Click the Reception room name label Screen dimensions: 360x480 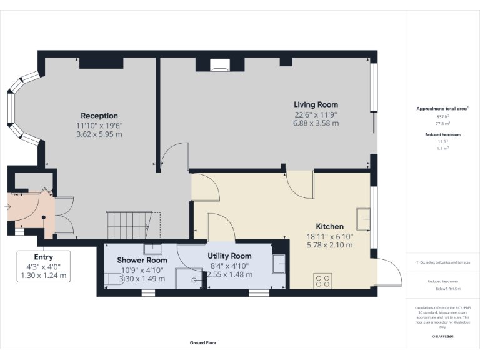click(99, 116)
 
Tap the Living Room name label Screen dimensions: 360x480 click(316, 104)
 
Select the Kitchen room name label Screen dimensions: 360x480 click(329, 226)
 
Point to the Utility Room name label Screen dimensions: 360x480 click(229, 256)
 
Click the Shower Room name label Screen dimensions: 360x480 click(142, 260)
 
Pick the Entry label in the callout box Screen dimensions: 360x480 click(44, 257)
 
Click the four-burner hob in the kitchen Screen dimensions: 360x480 click(323, 281)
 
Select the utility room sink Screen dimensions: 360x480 click(279, 264)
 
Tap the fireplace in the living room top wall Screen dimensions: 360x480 click(220, 62)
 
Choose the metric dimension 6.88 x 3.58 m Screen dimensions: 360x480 click(316, 123)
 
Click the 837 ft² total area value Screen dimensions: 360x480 click(442, 117)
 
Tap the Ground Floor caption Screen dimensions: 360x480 click(203, 342)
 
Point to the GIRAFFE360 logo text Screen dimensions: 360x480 click(442, 336)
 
